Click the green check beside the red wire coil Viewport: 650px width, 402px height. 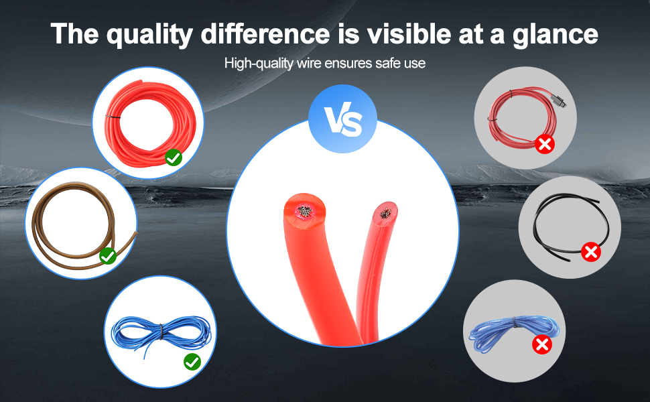[x=174, y=157]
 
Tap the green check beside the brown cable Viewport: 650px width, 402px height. [x=107, y=255]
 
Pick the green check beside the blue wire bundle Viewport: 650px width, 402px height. [x=192, y=362]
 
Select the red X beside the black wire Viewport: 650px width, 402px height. [x=590, y=252]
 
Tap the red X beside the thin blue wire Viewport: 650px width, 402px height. [x=541, y=345]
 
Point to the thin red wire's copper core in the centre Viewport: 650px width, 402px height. [x=385, y=214]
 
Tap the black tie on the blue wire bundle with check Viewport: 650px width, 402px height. [x=161, y=331]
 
